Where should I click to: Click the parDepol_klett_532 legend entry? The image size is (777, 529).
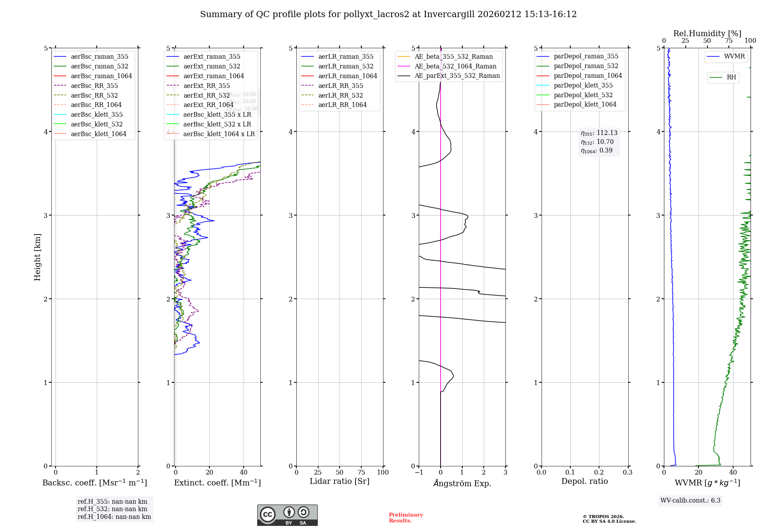583,95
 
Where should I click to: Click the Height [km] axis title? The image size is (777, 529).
37,257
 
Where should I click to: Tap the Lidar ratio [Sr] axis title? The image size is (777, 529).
340,482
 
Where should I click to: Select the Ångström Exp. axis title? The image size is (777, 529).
462,483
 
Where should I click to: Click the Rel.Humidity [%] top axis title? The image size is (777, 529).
707,33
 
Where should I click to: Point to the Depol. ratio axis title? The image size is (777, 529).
584,482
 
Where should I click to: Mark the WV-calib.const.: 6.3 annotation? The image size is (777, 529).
690,501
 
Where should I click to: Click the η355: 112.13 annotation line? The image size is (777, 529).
599,133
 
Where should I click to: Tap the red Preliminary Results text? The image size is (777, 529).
406,518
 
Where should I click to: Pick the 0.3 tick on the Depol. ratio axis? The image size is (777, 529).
628,473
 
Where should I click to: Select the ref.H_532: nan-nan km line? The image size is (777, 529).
112,509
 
